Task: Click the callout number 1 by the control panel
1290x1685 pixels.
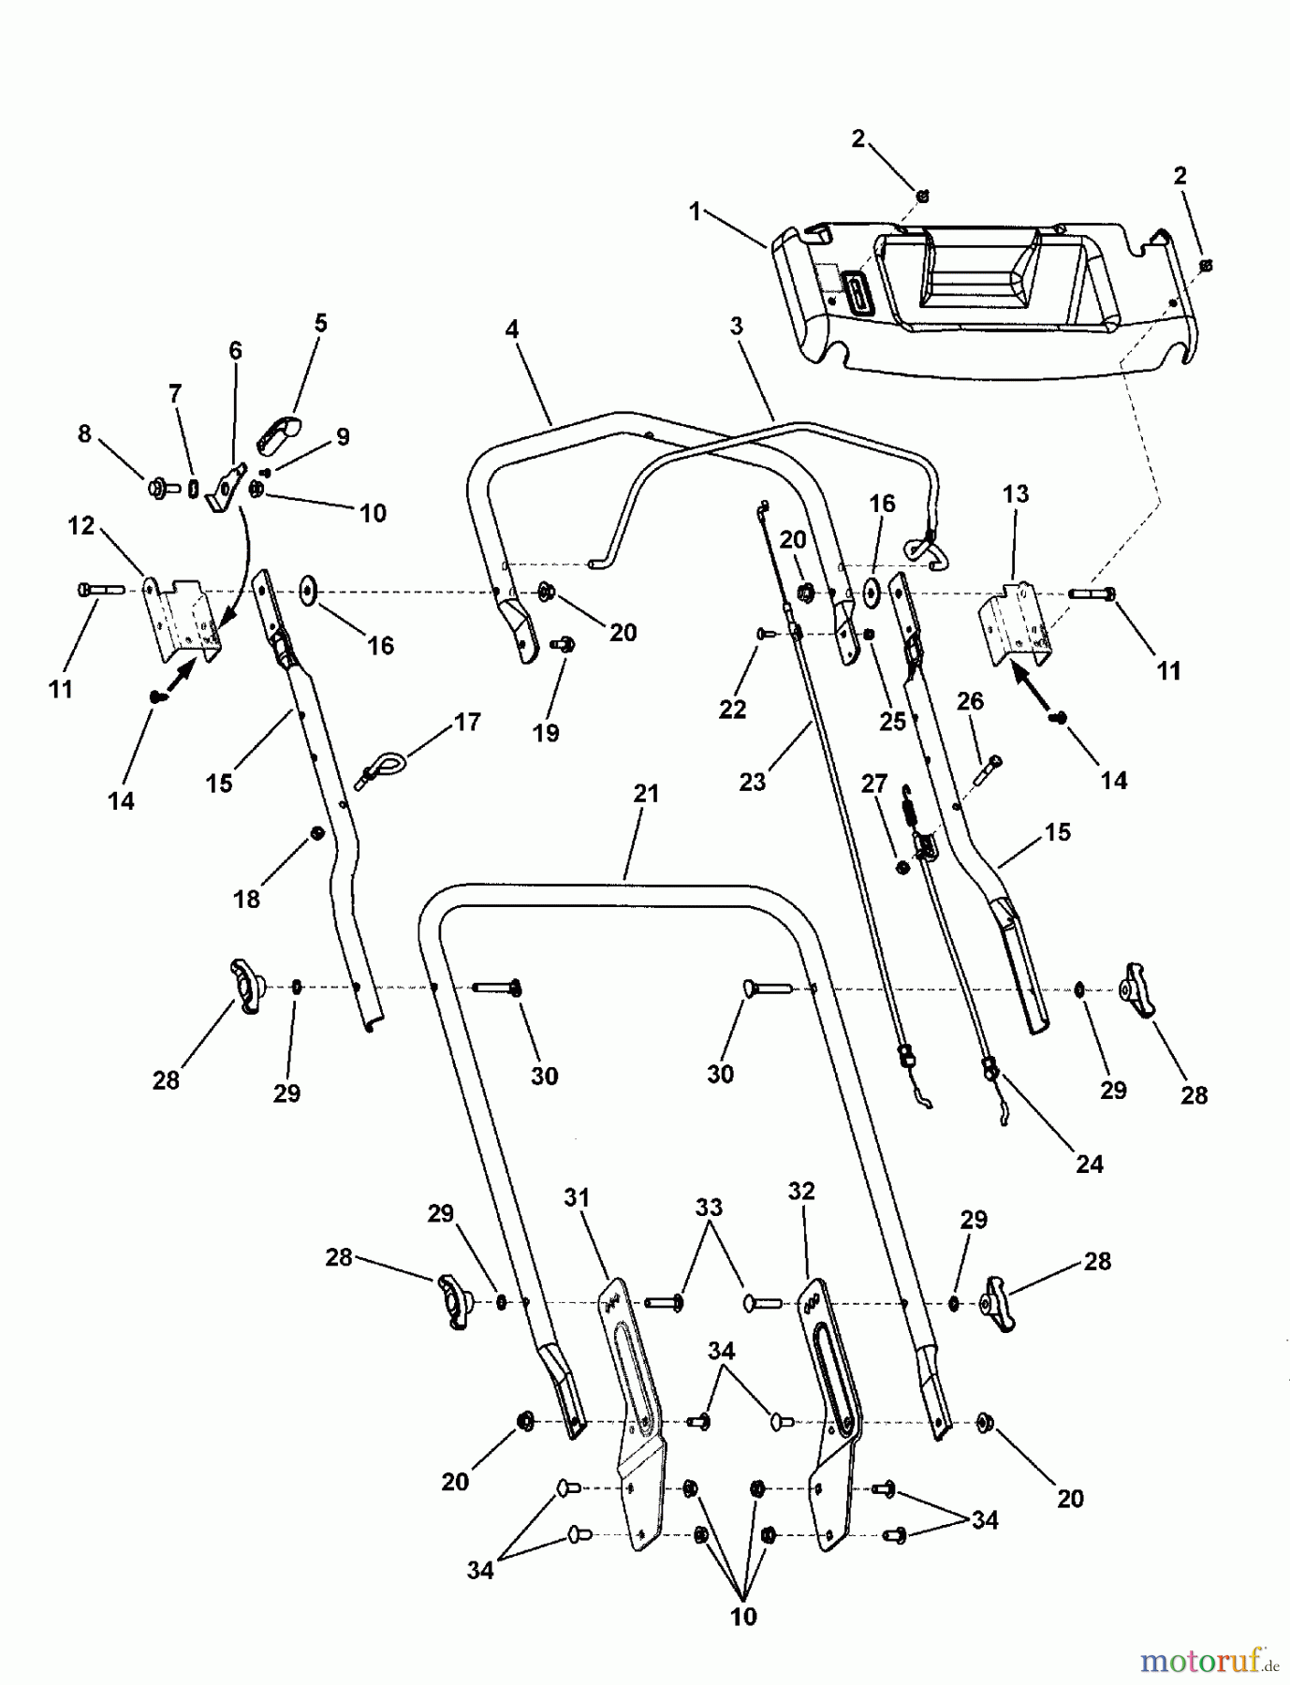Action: coord(695,212)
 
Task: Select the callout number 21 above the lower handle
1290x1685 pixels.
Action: coord(646,794)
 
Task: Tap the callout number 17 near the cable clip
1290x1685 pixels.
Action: coord(467,722)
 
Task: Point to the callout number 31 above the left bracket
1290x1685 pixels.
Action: coord(578,1197)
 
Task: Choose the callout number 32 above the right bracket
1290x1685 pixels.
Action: coord(801,1191)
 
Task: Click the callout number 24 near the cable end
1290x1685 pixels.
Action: coord(1090,1164)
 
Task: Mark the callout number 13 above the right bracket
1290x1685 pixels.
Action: coord(1016,493)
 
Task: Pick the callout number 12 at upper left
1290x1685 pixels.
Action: coord(81,526)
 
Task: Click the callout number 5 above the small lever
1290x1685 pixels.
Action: coord(321,324)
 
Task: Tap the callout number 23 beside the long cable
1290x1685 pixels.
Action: coord(753,781)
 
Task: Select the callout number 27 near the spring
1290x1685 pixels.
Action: coord(873,784)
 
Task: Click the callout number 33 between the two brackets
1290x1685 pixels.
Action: coord(709,1208)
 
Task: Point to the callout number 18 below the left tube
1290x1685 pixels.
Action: coord(246,899)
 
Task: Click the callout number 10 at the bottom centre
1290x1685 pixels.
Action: coord(743,1617)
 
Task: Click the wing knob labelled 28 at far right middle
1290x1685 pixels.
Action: coord(1136,1002)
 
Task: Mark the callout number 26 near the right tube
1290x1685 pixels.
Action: coord(970,700)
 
